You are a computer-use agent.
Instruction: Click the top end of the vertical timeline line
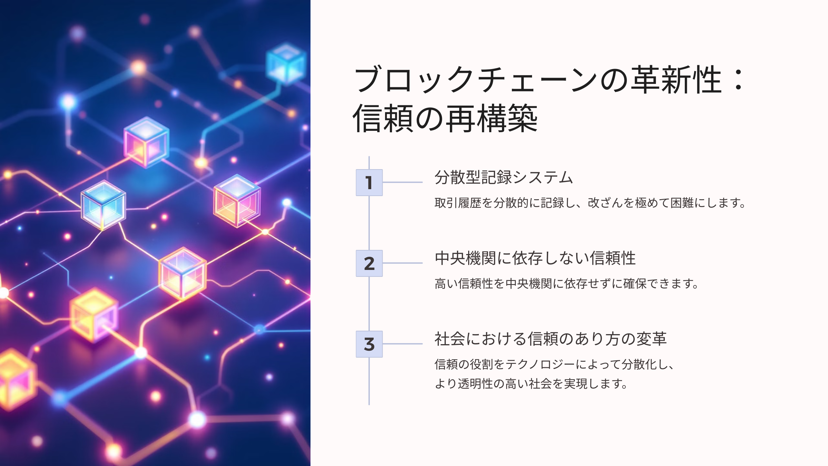tap(369, 156)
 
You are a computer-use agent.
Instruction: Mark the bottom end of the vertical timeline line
tap(369, 405)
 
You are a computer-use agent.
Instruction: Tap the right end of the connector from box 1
tap(422, 182)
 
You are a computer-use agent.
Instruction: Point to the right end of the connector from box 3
tap(422, 344)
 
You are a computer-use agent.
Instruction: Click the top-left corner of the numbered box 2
tap(356, 250)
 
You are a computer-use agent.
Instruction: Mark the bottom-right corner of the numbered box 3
tap(383, 357)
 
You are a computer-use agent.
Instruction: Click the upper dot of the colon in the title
tap(739, 71)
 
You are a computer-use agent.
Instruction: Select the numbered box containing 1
tap(369, 183)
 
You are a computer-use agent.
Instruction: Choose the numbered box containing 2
tap(369, 263)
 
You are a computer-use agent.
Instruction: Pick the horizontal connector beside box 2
tap(403, 263)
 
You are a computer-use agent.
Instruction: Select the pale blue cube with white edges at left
tap(103, 205)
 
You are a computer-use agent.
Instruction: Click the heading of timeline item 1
tap(504, 177)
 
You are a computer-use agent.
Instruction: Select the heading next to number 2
tap(535, 258)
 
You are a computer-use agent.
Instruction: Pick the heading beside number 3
tap(551, 339)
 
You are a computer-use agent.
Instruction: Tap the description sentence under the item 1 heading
tap(590, 203)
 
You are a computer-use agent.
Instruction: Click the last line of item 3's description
tap(531, 384)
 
